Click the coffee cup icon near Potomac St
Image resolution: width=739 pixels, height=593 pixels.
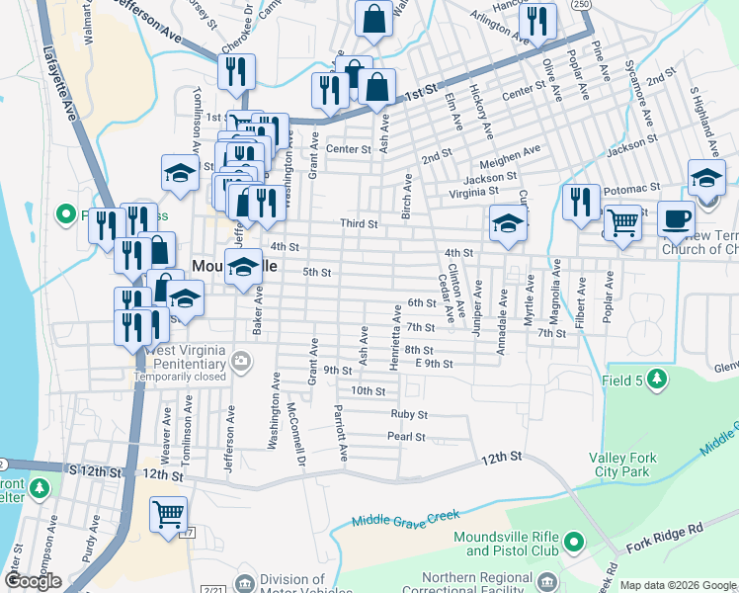coord(676,219)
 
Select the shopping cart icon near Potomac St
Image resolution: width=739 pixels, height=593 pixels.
coord(622,223)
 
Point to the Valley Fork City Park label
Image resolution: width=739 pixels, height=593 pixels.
coord(632,465)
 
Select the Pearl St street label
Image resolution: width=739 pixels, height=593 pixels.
coord(406,437)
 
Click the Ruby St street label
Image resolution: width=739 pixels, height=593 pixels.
coord(408,415)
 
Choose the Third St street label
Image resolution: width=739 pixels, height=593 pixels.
coord(360,224)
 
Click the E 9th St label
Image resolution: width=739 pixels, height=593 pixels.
coord(434,364)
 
